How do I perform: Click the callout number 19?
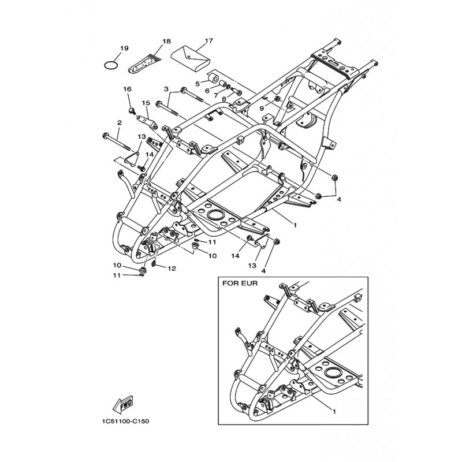[x=124, y=48]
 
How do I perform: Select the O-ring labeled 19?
[x=111, y=65]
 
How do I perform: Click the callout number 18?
[x=167, y=41]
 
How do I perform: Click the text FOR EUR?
[x=240, y=284]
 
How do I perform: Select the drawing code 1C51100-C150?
[x=125, y=422]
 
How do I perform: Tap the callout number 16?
[x=127, y=89]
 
